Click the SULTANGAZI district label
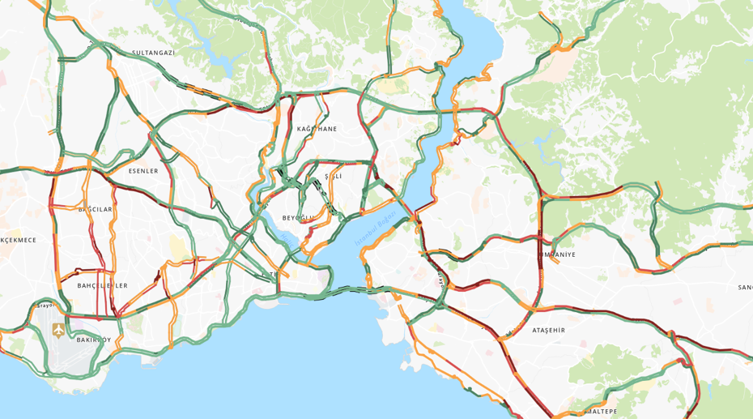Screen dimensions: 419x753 154,53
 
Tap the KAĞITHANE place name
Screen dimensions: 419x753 317,129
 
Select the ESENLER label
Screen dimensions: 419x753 143,171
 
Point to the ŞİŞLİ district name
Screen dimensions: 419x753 334,176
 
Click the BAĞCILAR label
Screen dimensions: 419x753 95,209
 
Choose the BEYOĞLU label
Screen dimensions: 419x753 298,218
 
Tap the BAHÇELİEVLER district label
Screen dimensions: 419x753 102,285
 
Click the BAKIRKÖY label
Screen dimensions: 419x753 94,340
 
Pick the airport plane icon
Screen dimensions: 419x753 58,330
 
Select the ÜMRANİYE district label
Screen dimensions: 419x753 557,254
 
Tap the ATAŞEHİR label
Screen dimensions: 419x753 548,330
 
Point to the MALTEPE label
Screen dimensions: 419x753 600,411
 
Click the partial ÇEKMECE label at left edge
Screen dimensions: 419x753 18,240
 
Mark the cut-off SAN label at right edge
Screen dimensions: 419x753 745,287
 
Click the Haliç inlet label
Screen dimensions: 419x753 285,240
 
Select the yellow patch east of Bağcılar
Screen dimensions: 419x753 177,247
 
